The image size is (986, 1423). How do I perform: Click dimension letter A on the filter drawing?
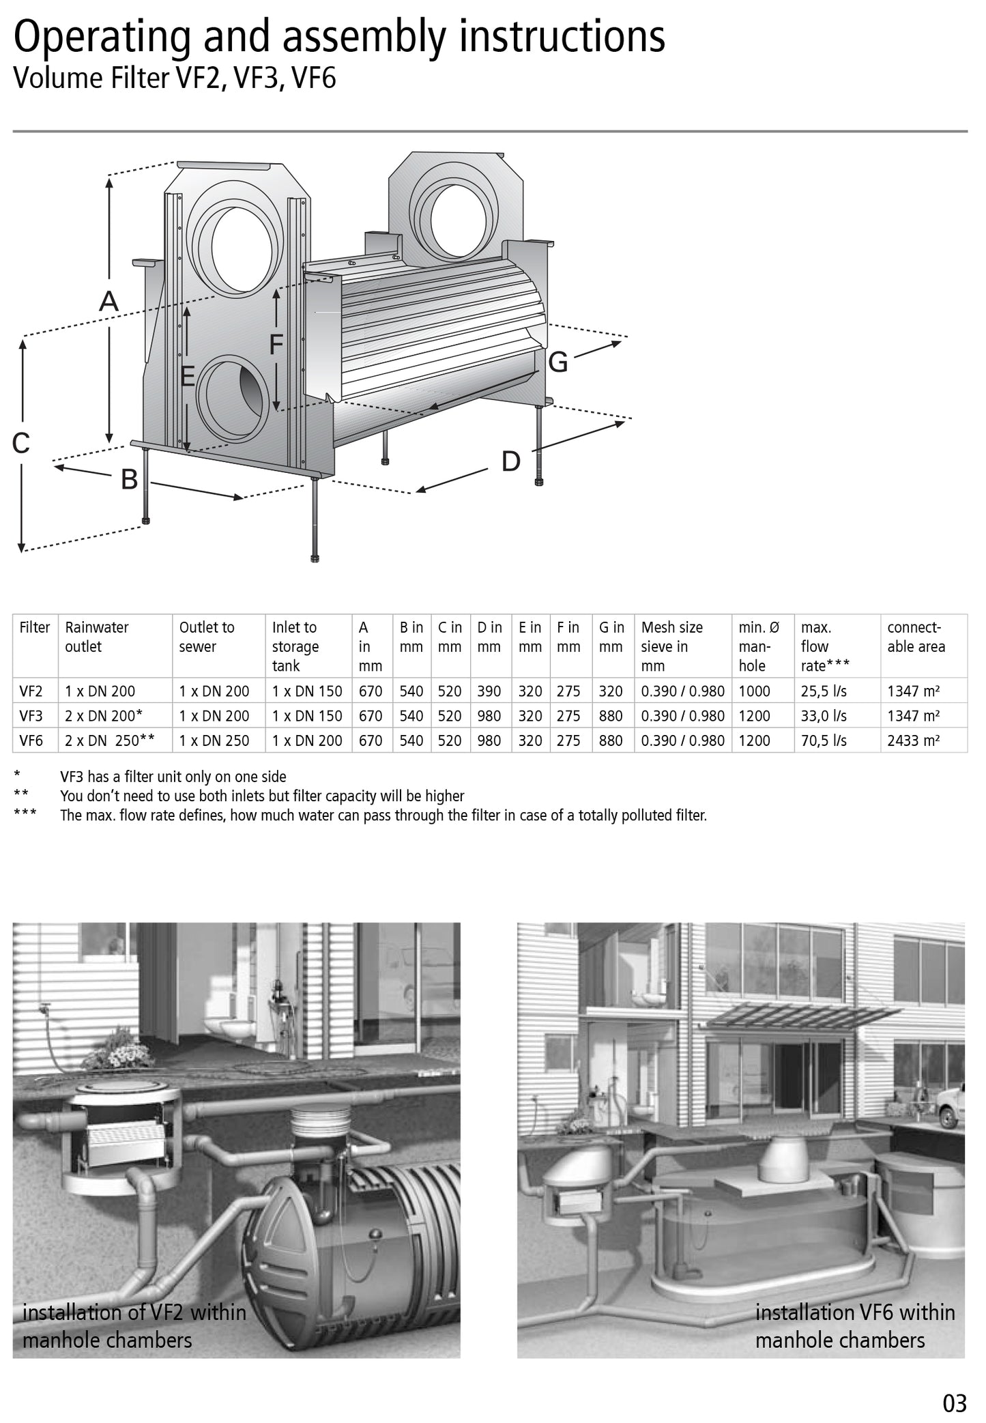tap(109, 301)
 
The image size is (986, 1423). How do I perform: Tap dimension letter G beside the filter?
tap(557, 362)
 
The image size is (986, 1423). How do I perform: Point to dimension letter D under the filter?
tap(510, 462)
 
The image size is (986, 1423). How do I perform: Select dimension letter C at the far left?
tap(21, 444)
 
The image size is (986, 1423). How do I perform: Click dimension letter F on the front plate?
tap(276, 345)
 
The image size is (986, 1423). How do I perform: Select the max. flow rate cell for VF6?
tap(824, 741)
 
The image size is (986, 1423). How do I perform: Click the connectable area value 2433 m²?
tap(914, 741)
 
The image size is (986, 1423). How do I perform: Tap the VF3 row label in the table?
tap(31, 716)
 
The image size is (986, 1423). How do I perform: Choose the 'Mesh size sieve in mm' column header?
tap(672, 646)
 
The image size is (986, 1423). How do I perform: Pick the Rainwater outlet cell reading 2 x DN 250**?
tap(110, 741)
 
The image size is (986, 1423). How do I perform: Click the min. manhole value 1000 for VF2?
tap(754, 691)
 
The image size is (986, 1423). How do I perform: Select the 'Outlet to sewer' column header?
tap(207, 637)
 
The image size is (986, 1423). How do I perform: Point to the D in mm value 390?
tap(489, 691)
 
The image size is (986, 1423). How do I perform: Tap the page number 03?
tap(955, 1403)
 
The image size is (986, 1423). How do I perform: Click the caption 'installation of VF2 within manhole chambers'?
tap(134, 1325)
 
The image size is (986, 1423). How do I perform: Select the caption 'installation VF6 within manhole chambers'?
tap(854, 1325)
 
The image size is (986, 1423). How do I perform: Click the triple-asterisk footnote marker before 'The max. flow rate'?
tap(25, 815)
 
